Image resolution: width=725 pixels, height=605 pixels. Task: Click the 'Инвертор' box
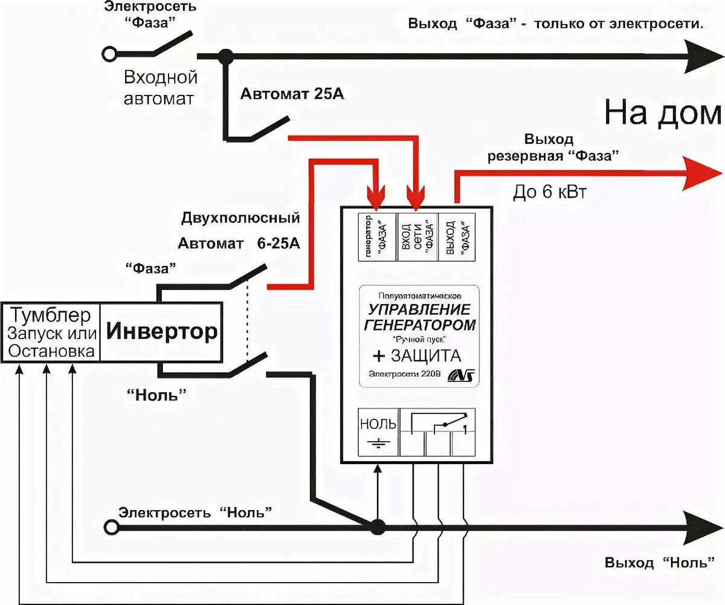[162, 332]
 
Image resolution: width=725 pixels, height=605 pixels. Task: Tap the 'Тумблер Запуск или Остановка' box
[51, 332]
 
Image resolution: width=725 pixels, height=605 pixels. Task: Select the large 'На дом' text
[663, 113]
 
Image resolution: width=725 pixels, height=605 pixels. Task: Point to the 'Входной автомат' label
[160, 88]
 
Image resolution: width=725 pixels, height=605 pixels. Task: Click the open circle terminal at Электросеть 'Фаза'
[109, 54]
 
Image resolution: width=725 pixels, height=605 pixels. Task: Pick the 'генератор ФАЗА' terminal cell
[378, 236]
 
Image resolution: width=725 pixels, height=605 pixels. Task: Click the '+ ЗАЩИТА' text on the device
[417, 355]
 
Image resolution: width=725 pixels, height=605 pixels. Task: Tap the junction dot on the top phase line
[226, 56]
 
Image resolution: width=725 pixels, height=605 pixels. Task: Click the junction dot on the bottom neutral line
[378, 526]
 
